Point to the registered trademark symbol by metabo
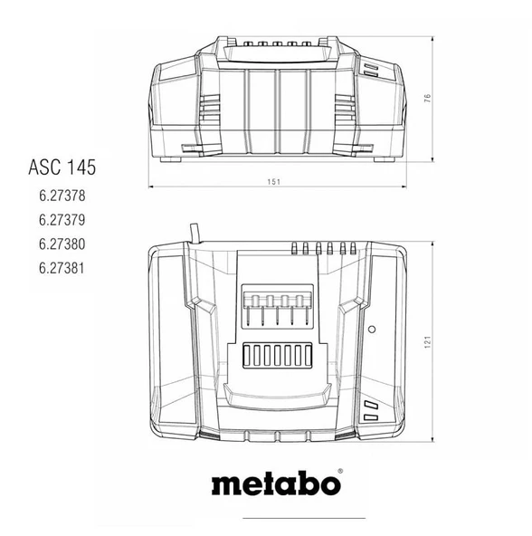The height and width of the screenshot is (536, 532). tap(340, 472)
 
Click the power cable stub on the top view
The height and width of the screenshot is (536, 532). tap(192, 234)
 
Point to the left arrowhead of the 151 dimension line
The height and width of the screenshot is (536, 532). tap(152, 187)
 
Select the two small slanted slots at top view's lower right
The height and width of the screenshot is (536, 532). tap(369, 410)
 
